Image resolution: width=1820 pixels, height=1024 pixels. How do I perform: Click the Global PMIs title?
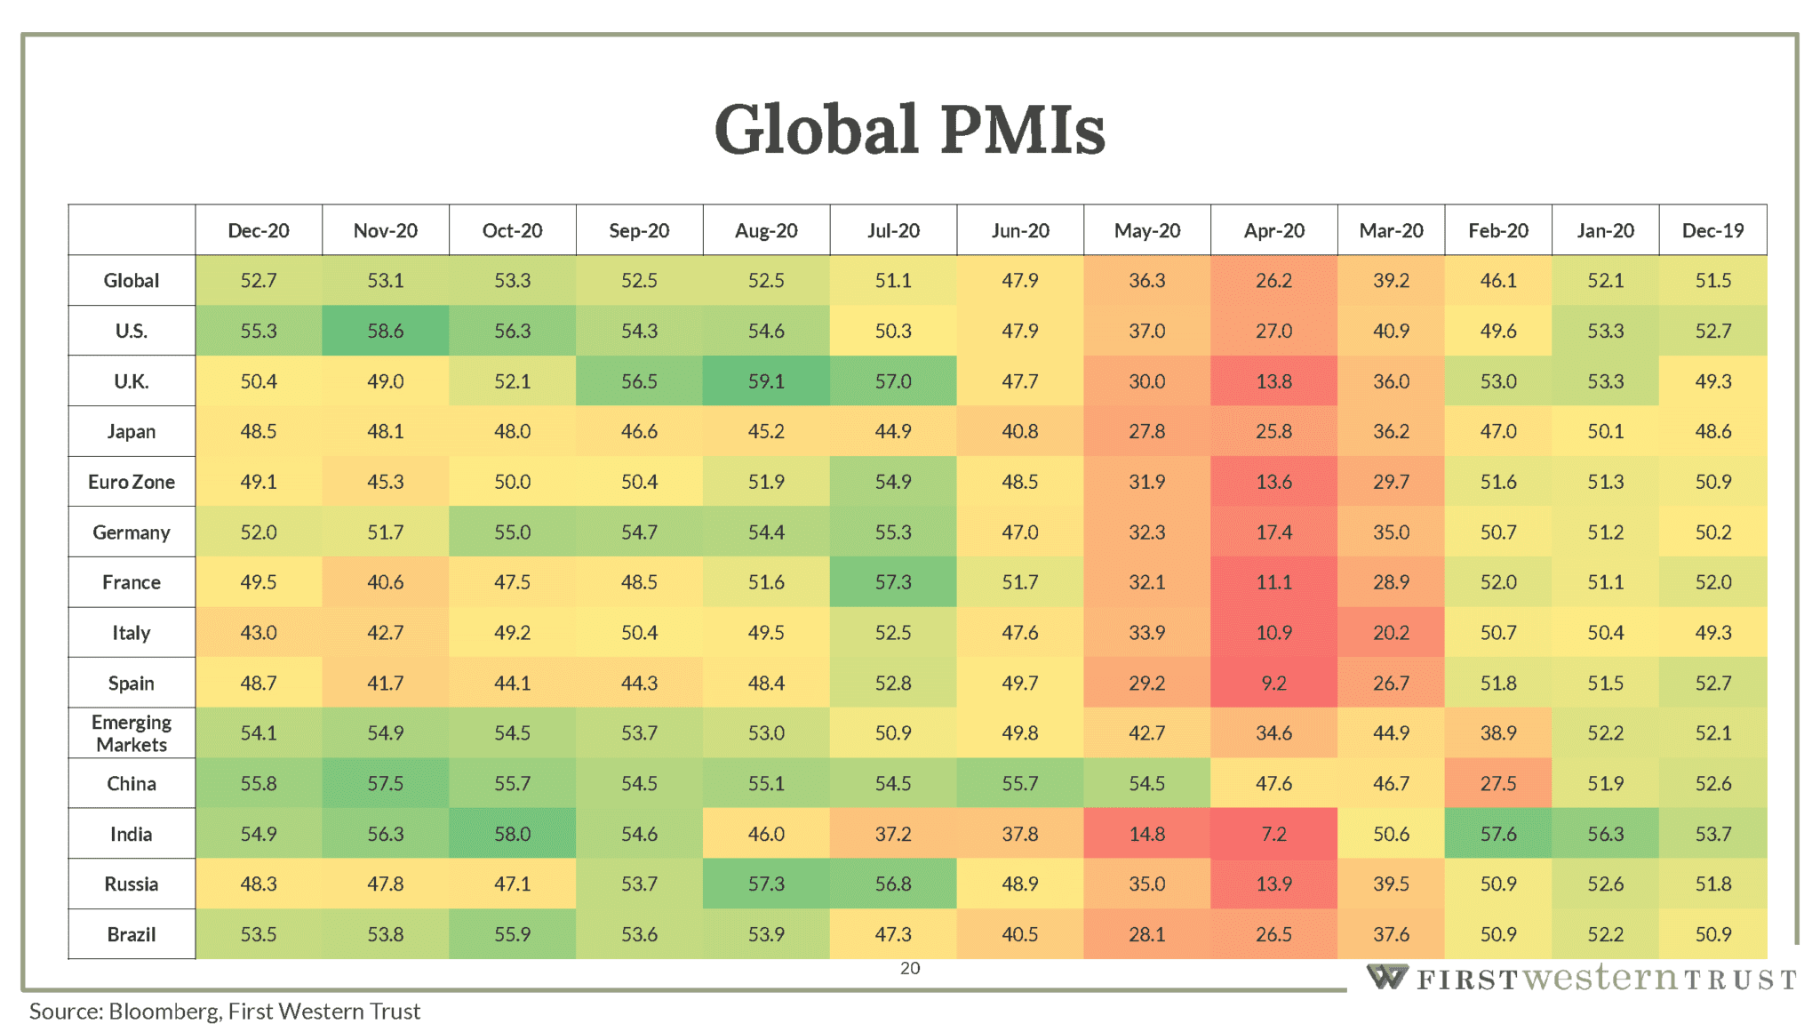tap(909, 130)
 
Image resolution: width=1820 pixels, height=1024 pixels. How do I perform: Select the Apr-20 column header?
tap(1273, 230)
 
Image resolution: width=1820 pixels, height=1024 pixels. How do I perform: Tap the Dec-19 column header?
tap(1712, 230)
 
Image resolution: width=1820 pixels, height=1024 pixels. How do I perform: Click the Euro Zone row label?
tap(132, 482)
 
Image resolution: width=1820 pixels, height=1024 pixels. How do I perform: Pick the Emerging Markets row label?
tap(132, 733)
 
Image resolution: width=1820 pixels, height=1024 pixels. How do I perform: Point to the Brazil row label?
tap(132, 934)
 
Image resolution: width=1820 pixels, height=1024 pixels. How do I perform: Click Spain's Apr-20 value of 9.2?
tap(1273, 683)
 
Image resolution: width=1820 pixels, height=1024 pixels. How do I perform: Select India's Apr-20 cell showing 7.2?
tap(1273, 834)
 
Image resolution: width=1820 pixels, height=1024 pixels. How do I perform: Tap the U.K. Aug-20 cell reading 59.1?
tap(766, 381)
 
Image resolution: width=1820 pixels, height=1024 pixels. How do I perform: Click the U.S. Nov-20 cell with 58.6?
tap(385, 331)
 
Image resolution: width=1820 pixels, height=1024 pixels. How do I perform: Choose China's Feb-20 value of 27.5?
tap(1498, 783)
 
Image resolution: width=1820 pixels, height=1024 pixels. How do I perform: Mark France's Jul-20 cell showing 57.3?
tap(893, 582)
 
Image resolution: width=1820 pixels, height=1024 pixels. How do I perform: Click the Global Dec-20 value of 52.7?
tap(259, 281)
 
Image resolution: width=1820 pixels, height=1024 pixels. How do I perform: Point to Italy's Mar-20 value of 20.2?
tap(1391, 633)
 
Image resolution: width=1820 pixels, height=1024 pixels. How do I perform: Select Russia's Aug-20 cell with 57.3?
tap(766, 884)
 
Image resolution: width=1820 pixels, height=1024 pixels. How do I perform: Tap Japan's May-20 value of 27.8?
tap(1146, 431)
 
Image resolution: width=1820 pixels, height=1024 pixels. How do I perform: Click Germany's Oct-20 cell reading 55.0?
tap(512, 532)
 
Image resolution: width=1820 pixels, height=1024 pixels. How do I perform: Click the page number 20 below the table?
tap(910, 968)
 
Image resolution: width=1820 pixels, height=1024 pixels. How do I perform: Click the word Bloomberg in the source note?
tap(164, 1012)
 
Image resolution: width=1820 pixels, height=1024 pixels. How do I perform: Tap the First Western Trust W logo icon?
tap(1386, 977)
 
